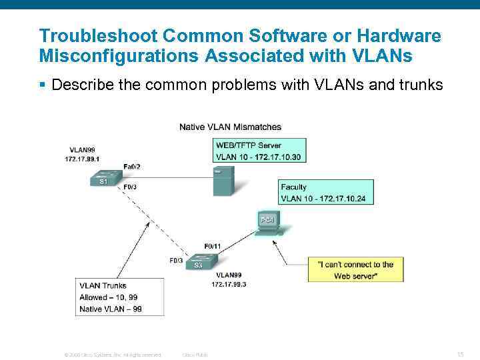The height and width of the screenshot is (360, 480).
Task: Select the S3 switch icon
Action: click(198, 263)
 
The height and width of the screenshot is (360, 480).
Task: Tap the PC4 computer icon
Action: click(267, 223)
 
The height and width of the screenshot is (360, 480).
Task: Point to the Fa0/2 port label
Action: click(132, 166)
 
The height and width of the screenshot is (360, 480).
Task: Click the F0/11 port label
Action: click(213, 247)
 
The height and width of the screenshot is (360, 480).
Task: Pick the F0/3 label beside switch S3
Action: click(176, 261)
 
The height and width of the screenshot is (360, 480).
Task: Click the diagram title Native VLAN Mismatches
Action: click(230, 127)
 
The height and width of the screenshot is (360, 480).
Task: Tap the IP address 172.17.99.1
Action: click(82, 159)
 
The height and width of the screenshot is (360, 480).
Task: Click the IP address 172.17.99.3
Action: click(229, 285)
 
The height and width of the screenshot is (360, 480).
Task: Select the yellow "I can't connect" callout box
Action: click(355, 270)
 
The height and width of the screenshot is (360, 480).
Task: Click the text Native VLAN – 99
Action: click(111, 309)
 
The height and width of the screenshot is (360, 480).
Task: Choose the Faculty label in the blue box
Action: click(294, 187)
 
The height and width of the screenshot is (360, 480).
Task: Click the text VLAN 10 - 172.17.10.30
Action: click(258, 157)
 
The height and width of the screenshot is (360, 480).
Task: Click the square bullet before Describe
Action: click(42, 85)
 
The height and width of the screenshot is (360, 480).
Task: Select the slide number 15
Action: click(460, 354)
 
